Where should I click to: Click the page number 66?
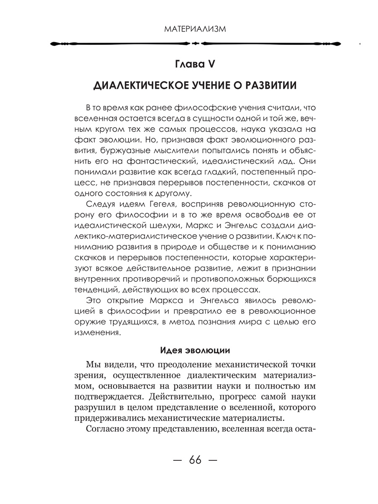click(x=195, y=459)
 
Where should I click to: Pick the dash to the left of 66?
click(x=177, y=459)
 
